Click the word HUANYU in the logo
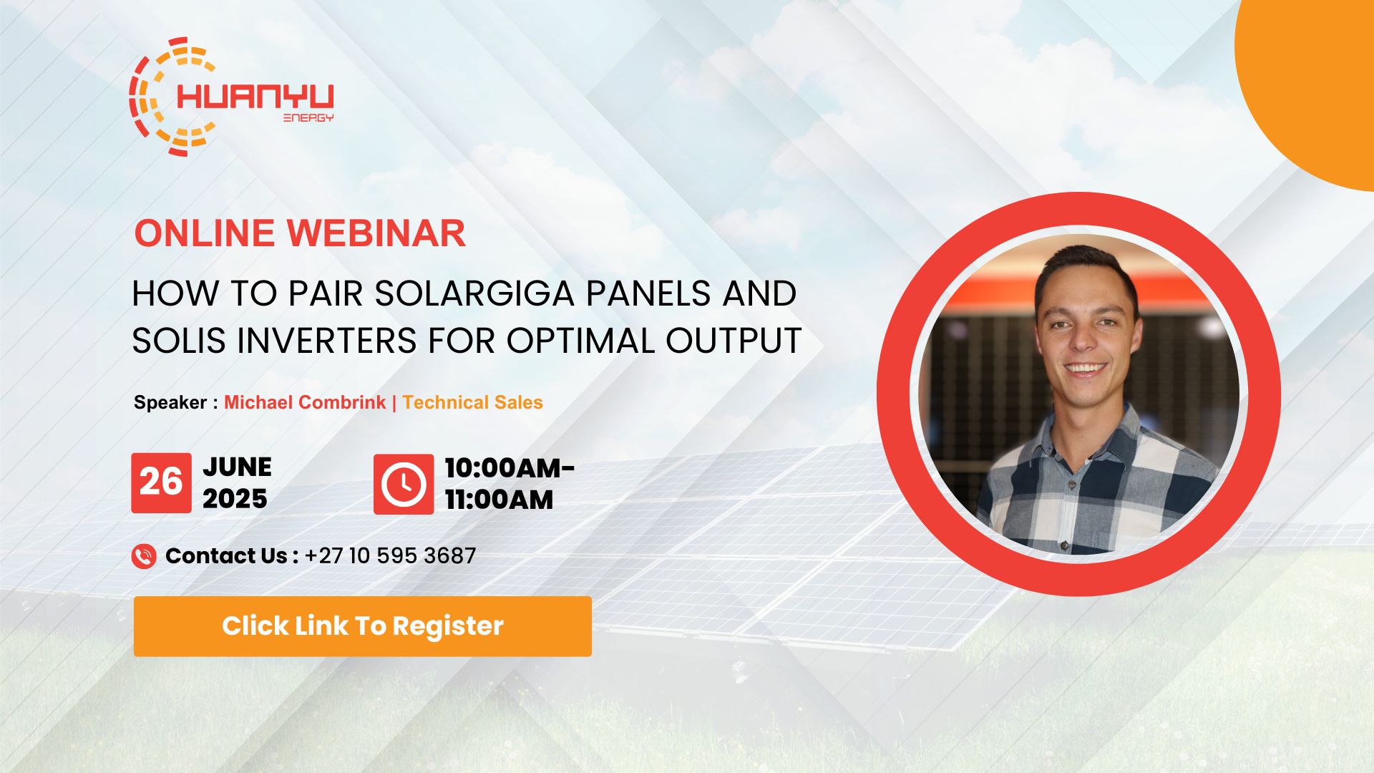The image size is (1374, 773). click(x=255, y=97)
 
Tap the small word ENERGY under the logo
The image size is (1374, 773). click(x=308, y=118)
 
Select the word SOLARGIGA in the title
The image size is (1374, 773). click(x=474, y=293)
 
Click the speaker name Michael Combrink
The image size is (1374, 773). click(x=305, y=402)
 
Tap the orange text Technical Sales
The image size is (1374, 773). click(x=472, y=402)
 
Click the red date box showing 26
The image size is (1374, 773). click(x=161, y=482)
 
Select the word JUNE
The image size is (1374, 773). click(x=237, y=467)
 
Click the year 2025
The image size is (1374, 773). click(x=235, y=499)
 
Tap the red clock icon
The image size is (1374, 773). click(x=403, y=484)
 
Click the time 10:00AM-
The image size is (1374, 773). click(x=510, y=468)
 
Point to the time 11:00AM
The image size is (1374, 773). click(x=499, y=500)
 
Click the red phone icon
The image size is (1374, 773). click(x=144, y=556)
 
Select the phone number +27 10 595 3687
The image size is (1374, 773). click(x=390, y=556)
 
